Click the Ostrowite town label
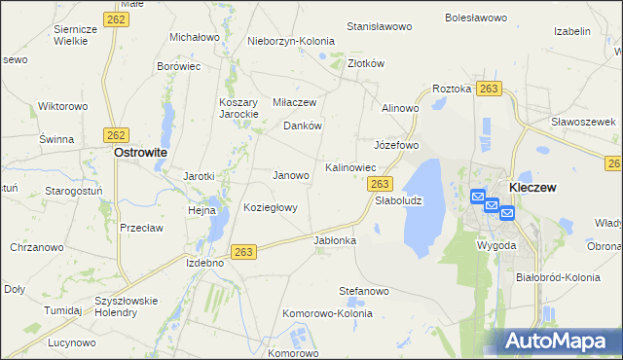point(140,153)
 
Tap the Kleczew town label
point(532,187)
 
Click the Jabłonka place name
point(335,239)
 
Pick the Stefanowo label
point(364,291)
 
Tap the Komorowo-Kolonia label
point(327,314)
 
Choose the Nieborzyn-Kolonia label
point(291,42)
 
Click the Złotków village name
point(367,63)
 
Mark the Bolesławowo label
point(477,18)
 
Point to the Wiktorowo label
point(62,105)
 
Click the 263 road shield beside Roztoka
point(489,89)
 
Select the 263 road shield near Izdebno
point(244,252)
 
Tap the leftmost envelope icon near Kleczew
point(477,197)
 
